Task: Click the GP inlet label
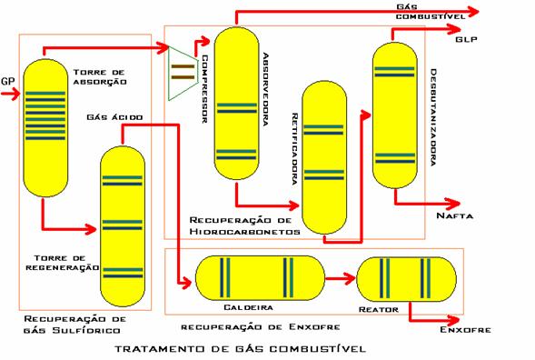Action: point(8,81)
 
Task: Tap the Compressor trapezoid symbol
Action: point(183,73)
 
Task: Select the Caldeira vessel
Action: point(260,278)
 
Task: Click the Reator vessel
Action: point(406,279)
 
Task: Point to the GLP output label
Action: point(466,40)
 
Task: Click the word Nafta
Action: point(455,215)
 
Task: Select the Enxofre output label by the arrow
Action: point(465,330)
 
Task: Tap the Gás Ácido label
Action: point(114,117)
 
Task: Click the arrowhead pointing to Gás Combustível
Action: point(473,12)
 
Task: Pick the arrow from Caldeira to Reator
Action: point(341,278)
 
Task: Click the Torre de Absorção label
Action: point(100,77)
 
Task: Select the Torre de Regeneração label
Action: point(63,263)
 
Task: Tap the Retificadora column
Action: point(324,157)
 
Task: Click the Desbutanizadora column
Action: point(395,115)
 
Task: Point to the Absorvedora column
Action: point(237,103)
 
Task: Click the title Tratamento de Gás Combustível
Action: point(240,349)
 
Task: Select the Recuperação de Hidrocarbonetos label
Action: point(244,225)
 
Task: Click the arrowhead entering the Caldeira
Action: point(187,283)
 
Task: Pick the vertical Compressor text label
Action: point(204,89)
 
